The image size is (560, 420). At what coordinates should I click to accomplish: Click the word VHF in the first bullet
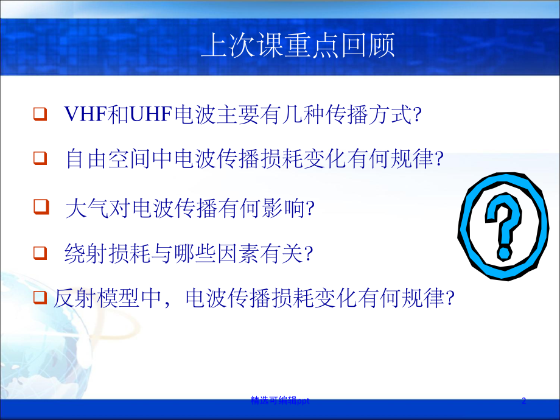tap(82, 114)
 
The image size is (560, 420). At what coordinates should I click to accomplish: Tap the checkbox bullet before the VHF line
tap(41, 114)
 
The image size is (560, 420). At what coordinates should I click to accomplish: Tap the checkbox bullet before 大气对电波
tap(41, 207)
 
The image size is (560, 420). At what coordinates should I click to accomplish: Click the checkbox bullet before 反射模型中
tap(41, 298)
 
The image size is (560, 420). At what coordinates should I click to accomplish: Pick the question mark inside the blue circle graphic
tap(505, 228)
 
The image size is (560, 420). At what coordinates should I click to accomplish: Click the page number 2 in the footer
tap(523, 401)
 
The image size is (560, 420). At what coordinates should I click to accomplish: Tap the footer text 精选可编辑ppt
tap(281, 401)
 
